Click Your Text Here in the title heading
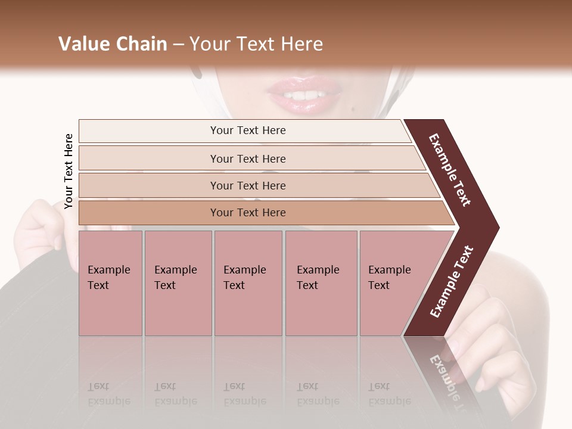pyautogui.click(x=256, y=44)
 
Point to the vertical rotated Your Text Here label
pyautogui.click(x=69, y=171)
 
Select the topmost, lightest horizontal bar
pyautogui.click(x=248, y=130)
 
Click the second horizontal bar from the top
pyautogui.click(x=248, y=158)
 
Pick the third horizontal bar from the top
pyautogui.click(x=248, y=185)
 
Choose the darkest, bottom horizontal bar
pyautogui.click(x=248, y=213)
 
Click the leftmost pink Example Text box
pyautogui.click(x=110, y=282)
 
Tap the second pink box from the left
pyautogui.click(x=178, y=282)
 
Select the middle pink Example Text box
pyautogui.click(x=248, y=282)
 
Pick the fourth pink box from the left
pyautogui.click(x=321, y=282)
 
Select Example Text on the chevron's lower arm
pyautogui.click(x=452, y=282)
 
